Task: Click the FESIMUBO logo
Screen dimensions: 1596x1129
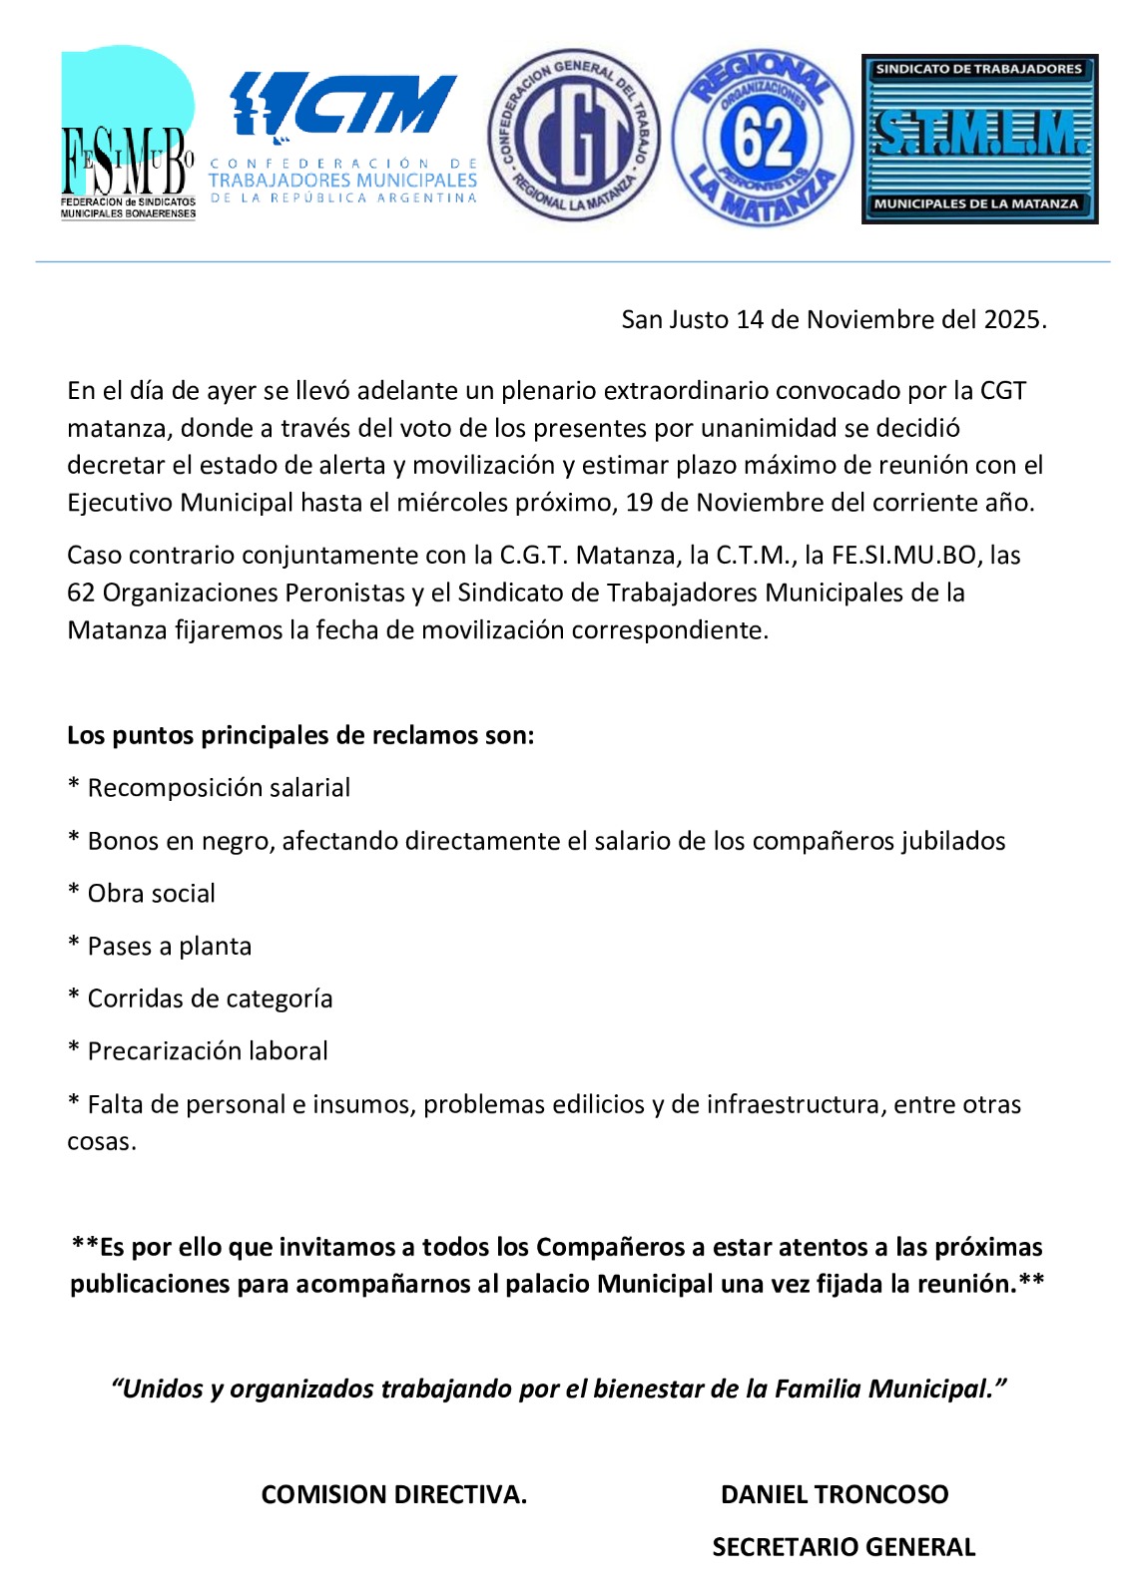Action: click(x=128, y=133)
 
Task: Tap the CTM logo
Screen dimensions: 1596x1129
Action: click(x=342, y=137)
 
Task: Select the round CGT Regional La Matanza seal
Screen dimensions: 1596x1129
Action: click(x=573, y=136)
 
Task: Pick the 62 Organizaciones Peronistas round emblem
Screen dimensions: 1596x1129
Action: click(x=763, y=138)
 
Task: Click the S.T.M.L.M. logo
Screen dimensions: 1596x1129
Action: click(x=979, y=138)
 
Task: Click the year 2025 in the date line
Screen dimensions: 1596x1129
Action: click(x=1013, y=319)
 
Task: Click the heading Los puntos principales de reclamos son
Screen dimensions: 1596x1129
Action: click(x=300, y=735)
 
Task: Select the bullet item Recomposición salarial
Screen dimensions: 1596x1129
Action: click(x=218, y=788)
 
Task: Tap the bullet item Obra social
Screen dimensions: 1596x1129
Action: click(x=151, y=893)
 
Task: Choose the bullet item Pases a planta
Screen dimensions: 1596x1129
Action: click(x=169, y=946)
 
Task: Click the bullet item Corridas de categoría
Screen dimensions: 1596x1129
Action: click(x=210, y=998)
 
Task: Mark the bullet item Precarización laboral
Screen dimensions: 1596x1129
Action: click(x=207, y=1050)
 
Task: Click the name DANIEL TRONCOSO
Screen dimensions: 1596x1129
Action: click(x=835, y=1494)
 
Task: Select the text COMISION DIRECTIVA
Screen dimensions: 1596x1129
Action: click(x=393, y=1494)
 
